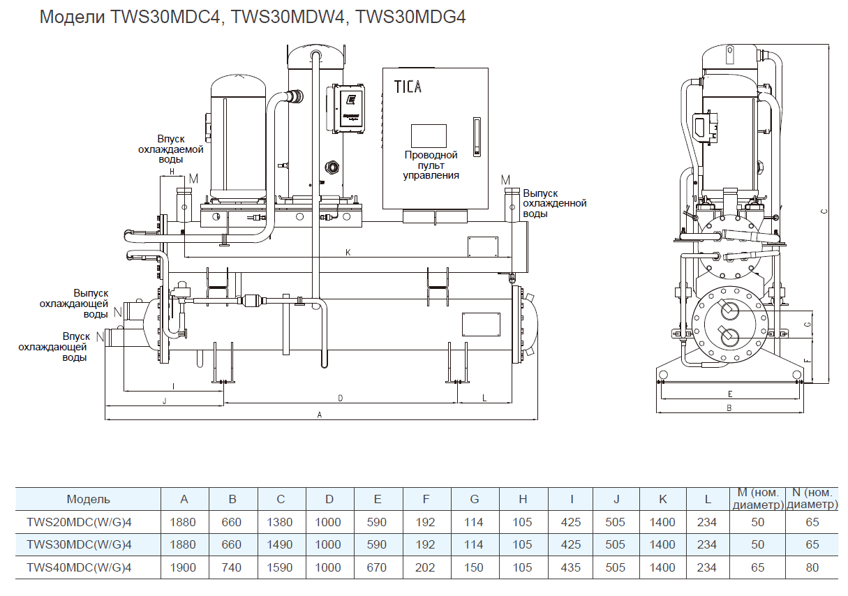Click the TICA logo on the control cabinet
408,87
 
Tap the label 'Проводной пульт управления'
431,165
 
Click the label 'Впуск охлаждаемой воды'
170,149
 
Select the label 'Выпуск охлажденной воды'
555,203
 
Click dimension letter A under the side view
320,415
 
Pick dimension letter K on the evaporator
348,252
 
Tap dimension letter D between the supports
340,398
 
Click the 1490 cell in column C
281,544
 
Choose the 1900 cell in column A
184,567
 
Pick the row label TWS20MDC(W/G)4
79,522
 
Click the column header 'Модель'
89,499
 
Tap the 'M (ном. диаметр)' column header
757,499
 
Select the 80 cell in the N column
812,567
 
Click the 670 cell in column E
377,567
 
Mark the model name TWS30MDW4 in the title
288,17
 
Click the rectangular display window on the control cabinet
428,135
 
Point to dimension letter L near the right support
484,398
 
